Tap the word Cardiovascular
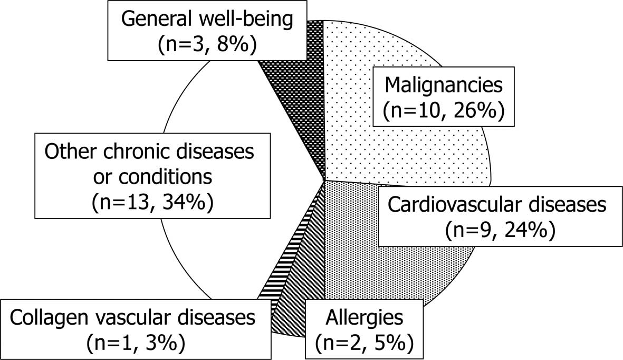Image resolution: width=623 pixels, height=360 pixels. pyautogui.click(x=452, y=205)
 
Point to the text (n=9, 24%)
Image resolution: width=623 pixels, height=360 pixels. pyautogui.click(x=500, y=230)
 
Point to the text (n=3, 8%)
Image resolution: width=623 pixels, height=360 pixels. pyautogui.click(x=207, y=44)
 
